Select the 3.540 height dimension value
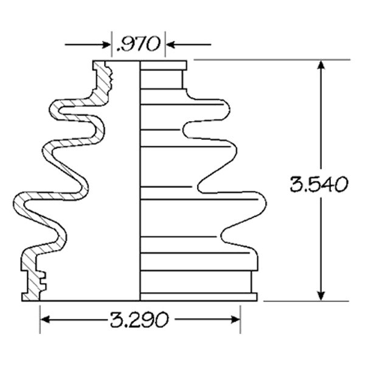coord(319,184)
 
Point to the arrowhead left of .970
coord(106,44)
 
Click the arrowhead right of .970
coord(172,44)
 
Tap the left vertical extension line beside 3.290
coord(40,319)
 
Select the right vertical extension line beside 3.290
coord(241,319)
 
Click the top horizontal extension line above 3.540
coord(268,60)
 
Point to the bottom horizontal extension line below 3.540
coord(304,301)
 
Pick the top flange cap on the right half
coord(163,65)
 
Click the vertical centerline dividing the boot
coord(141,182)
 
